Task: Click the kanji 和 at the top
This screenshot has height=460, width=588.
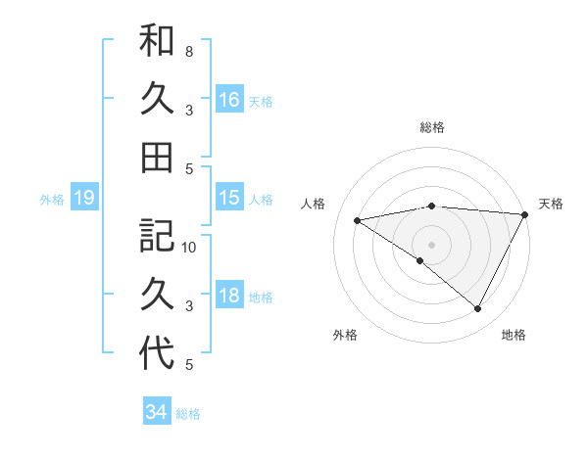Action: tap(157, 41)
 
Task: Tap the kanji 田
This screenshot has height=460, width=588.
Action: tap(157, 157)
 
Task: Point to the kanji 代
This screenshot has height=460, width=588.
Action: tap(157, 352)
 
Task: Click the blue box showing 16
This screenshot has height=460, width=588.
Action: tap(229, 100)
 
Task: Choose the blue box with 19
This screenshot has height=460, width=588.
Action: tap(84, 199)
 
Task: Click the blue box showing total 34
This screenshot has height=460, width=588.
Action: tap(156, 412)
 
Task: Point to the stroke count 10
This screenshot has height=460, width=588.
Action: tap(189, 247)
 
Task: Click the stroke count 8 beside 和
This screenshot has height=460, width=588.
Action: tap(188, 51)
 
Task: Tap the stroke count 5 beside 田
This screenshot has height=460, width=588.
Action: tap(188, 168)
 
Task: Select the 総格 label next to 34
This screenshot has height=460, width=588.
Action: tap(188, 413)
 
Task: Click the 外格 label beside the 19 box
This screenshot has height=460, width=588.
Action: tap(52, 200)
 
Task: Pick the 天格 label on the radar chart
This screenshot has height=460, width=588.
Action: tap(551, 204)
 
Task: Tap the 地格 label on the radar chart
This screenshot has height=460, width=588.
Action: tap(514, 335)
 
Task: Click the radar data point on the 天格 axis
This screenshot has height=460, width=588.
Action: tap(524, 213)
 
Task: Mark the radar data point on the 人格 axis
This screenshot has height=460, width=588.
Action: tap(358, 220)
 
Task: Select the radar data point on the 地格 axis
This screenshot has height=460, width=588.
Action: tap(478, 309)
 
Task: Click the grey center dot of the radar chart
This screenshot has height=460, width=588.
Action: tap(431, 244)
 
